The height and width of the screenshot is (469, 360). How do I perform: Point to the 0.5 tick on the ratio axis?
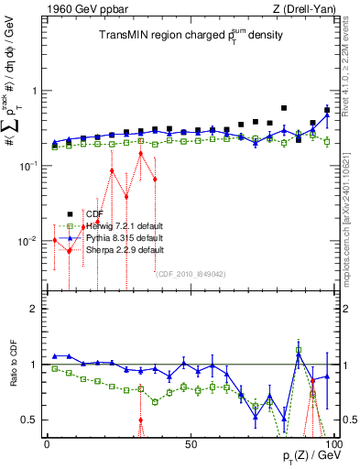tap(30, 420)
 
